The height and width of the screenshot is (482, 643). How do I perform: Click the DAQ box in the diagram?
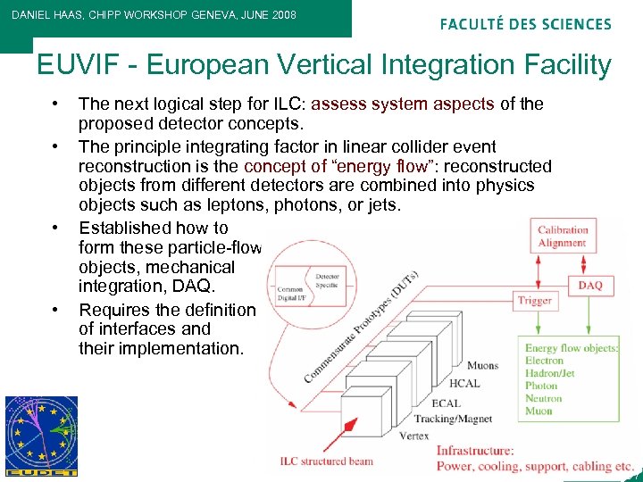click(590, 286)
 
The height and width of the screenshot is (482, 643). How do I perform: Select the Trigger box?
click(534, 301)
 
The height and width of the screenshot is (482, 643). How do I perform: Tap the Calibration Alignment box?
click(563, 237)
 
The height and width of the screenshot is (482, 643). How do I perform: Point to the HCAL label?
click(464, 383)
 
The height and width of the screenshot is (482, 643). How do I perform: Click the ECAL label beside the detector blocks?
click(446, 403)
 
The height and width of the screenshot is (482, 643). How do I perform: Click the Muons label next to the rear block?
click(483, 364)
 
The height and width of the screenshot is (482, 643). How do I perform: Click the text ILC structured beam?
click(327, 461)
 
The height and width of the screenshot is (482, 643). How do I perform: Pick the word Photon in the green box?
click(541, 386)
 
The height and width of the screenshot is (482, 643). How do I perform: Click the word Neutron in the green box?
click(544, 398)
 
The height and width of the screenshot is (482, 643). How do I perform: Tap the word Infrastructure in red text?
click(474, 451)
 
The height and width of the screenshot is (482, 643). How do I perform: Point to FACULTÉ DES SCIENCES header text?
click(525, 24)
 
